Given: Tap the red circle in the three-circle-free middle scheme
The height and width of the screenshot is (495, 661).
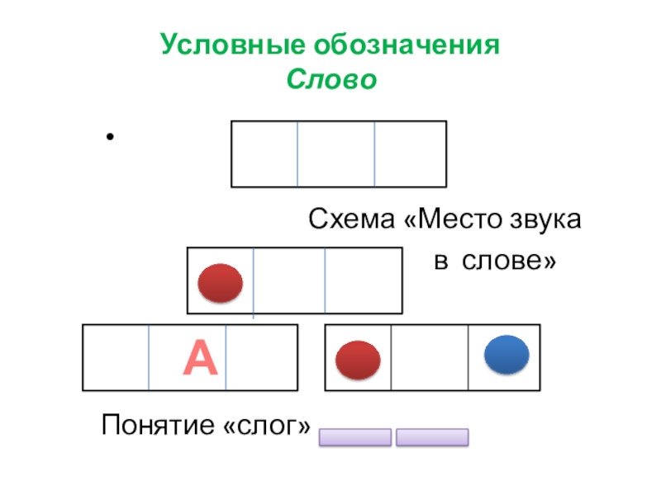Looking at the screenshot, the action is pos(221,283).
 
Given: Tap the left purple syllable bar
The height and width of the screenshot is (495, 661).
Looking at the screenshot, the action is pos(354,436).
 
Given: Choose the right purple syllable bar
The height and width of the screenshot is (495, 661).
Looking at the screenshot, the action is pos(432,436).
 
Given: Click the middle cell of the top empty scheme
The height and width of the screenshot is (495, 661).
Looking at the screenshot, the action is pos(335,153).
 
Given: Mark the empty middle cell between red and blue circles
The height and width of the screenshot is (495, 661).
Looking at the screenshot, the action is pos(429,357).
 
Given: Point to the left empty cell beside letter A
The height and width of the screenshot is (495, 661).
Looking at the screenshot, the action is pos(116,357).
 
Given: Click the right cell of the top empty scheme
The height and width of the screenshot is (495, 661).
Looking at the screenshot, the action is pos(410,153).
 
